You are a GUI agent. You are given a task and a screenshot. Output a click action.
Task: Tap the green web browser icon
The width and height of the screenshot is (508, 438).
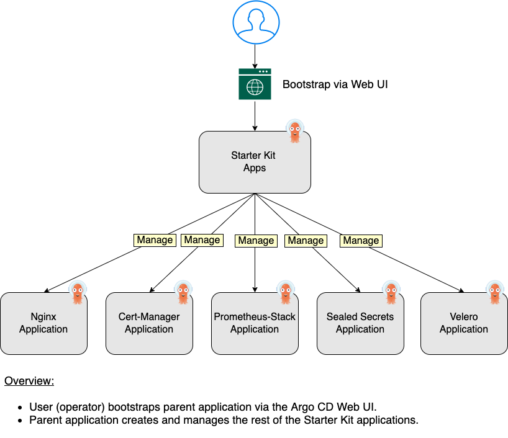click(255, 84)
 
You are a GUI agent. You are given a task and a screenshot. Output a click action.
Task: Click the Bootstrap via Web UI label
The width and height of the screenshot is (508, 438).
click(335, 84)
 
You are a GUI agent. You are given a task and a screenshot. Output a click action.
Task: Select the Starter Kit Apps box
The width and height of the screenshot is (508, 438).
click(255, 161)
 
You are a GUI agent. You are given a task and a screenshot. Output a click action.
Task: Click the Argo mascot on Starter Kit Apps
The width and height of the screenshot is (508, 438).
click(294, 131)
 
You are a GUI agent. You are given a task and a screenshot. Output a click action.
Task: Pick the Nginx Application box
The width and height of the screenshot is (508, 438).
click(43, 323)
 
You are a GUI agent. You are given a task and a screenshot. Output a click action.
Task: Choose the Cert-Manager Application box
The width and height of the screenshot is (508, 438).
click(149, 323)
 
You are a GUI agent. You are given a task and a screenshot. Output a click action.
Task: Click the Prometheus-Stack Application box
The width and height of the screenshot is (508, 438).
click(255, 323)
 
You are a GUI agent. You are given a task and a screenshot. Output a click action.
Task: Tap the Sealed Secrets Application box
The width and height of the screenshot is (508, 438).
click(360, 323)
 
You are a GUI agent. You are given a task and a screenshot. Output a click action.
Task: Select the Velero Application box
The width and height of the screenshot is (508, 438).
click(464, 323)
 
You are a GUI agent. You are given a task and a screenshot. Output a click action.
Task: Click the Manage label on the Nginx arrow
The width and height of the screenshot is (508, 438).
click(155, 240)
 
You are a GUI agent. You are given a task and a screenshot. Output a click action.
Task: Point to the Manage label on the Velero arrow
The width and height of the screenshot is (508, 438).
click(361, 241)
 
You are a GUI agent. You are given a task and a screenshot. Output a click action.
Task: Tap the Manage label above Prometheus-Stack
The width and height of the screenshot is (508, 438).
click(256, 241)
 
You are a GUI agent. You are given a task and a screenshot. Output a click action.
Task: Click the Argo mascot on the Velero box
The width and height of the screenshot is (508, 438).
click(495, 293)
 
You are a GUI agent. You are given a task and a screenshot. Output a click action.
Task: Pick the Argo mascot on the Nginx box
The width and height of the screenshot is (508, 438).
click(78, 293)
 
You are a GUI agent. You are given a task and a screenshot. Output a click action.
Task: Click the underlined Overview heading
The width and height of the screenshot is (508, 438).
click(29, 380)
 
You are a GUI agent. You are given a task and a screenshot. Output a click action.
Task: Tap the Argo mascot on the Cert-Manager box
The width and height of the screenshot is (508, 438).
click(183, 293)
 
